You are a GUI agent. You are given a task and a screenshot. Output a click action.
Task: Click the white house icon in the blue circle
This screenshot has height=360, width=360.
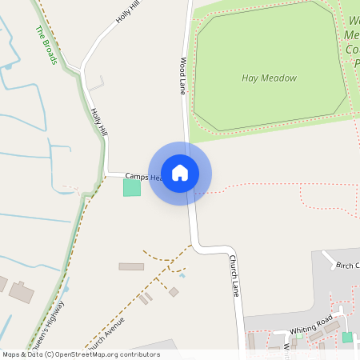coord(180,173)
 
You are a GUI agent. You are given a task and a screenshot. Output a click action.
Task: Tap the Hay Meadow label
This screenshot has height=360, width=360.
coord(269,78)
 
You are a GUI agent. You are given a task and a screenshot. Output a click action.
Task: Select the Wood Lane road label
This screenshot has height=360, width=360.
coord(183,76)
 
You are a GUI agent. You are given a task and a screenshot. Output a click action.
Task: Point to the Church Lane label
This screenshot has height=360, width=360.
coord(234,274)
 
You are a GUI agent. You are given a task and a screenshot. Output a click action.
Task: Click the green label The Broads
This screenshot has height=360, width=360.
coord(46,45)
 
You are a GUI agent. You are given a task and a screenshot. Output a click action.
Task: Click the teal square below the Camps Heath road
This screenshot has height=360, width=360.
coord(131,188)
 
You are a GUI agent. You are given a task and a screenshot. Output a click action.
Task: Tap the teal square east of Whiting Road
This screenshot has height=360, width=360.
coord(347,338)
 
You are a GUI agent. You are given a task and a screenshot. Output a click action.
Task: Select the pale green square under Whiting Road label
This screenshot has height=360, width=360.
coord(299,336)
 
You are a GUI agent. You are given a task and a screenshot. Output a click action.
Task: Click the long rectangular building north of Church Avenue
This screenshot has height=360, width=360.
coord(131,266)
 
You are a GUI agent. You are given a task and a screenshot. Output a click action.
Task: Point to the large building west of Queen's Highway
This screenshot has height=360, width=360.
coord(22,292)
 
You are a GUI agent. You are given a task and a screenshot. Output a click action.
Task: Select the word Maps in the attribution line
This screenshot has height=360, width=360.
coord(11,354)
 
